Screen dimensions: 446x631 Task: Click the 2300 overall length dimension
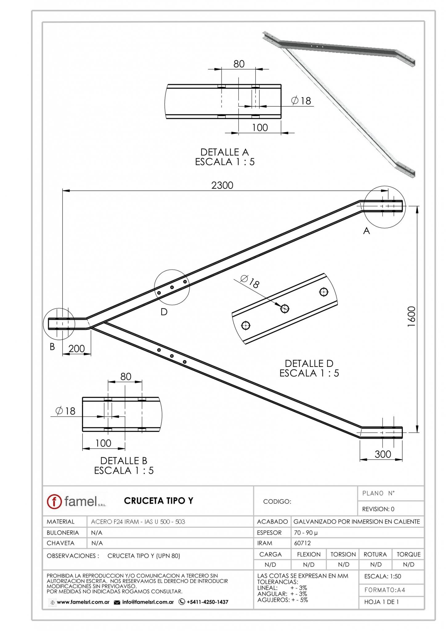point(222,185)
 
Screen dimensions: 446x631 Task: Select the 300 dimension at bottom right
point(383,454)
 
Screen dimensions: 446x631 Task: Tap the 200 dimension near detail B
point(76,348)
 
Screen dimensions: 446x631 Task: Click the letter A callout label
point(366,231)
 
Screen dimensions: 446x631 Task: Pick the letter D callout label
point(164,312)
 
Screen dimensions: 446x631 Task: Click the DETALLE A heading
point(224,152)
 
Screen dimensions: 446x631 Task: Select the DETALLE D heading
point(309,363)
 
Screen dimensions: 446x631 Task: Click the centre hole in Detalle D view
point(285,308)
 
